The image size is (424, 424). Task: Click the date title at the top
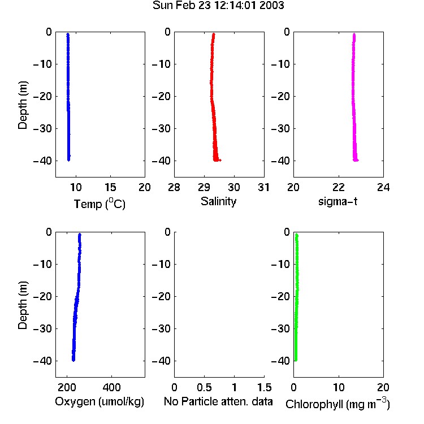click(x=218, y=6)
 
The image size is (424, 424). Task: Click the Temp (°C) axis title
click(x=99, y=204)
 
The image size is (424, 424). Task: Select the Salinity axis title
click(x=218, y=201)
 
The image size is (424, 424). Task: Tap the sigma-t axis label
click(x=338, y=201)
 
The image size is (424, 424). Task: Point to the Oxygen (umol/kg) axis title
click(x=99, y=401)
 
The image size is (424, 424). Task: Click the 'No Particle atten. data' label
click(x=218, y=401)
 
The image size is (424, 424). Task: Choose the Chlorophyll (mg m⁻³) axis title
click(x=338, y=404)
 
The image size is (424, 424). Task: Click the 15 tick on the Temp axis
click(x=110, y=187)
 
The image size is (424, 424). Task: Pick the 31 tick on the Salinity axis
click(x=263, y=187)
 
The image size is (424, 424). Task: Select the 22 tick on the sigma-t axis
click(x=338, y=187)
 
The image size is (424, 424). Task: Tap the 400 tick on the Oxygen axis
click(x=111, y=387)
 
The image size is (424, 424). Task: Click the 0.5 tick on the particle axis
click(x=205, y=387)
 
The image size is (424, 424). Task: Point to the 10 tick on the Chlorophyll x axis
click(x=339, y=387)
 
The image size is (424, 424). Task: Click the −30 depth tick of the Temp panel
click(x=42, y=128)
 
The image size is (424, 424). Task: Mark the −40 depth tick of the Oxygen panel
click(x=42, y=361)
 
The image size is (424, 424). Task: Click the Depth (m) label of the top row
click(x=23, y=105)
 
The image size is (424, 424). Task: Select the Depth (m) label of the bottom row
click(x=23, y=305)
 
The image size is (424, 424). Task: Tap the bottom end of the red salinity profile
click(x=216, y=161)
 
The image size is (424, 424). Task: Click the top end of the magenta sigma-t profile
click(x=354, y=34)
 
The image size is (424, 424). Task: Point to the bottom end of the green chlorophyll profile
click(x=296, y=361)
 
